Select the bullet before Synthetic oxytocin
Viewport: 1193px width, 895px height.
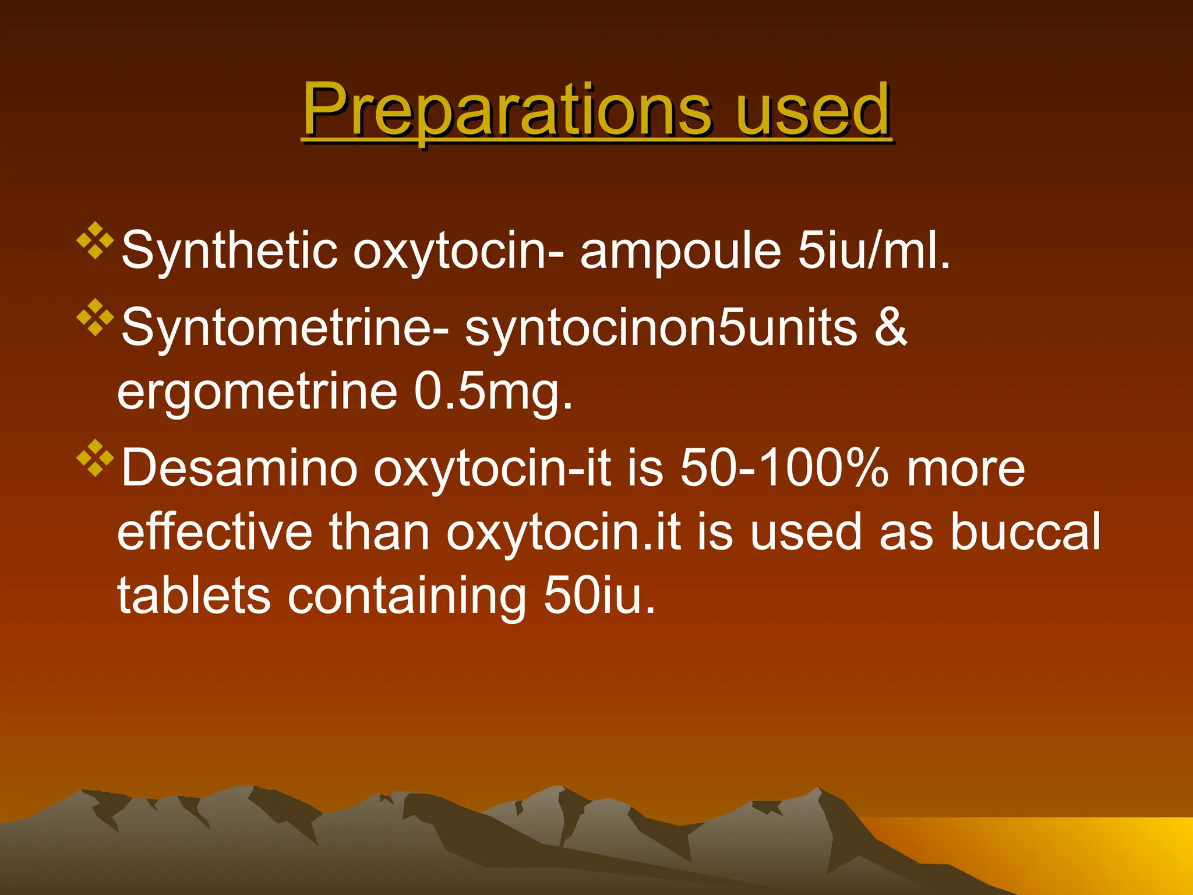pyautogui.click(x=95, y=240)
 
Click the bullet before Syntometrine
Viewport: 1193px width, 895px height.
pyautogui.click(x=95, y=318)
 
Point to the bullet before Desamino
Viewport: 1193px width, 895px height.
pyautogui.click(x=95, y=458)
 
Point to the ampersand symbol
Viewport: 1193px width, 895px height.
pyautogui.click(x=891, y=327)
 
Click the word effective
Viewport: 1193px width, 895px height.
pyautogui.click(x=214, y=532)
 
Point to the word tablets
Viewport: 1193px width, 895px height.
pyautogui.click(x=194, y=596)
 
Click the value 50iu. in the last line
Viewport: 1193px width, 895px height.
pyautogui.click(x=599, y=596)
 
